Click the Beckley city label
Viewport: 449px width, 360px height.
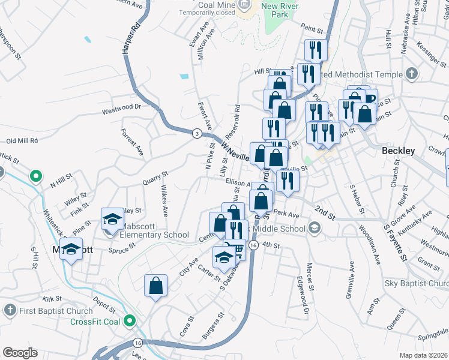[x=398, y=151]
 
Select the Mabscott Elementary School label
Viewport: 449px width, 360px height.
[x=155, y=235]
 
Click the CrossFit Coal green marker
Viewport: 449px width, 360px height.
[x=129, y=322]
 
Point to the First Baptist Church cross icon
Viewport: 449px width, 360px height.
[x=10, y=311]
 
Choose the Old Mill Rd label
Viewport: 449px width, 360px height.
[x=22, y=140]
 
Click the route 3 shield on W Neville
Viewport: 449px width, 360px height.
[x=197, y=133]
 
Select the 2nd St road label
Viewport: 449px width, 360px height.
[x=324, y=212]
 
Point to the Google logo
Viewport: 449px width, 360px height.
[x=19, y=353]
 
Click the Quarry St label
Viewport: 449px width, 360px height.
[x=155, y=178]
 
